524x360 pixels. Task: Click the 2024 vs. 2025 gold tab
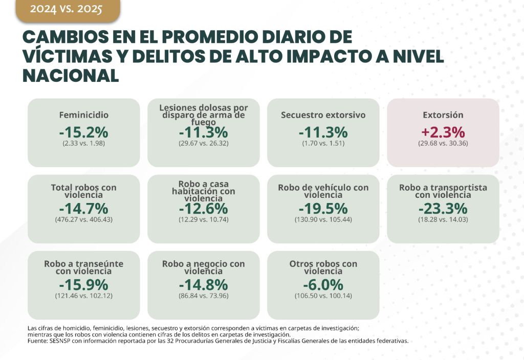click(69, 10)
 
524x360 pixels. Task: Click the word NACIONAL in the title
click(71, 75)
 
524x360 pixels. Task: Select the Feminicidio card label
click(83, 115)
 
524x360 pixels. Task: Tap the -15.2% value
click(83, 132)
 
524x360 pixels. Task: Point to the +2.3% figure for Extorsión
click(443, 132)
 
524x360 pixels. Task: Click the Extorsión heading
click(443, 115)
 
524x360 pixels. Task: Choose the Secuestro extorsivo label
click(323, 115)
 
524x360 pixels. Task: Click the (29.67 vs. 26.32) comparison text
click(204, 143)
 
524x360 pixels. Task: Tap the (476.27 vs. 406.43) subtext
click(83, 219)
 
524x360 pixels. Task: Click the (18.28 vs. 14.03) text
click(443, 219)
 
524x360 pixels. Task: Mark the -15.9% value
click(83, 284)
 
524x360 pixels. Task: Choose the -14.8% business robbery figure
click(204, 284)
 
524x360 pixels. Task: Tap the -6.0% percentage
click(323, 284)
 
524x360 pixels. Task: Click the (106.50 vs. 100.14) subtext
click(323, 296)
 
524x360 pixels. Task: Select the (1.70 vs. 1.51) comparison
click(323, 143)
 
